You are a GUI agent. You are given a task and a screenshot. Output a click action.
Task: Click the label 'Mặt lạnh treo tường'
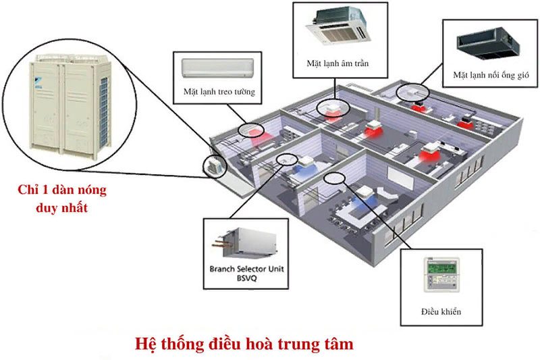click(218, 91)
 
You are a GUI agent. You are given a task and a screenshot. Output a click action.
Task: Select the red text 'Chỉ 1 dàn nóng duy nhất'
click(62, 199)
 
